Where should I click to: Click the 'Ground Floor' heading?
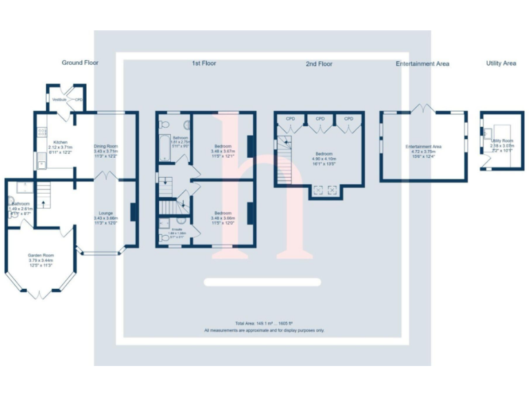80,63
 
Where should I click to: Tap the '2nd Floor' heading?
319,64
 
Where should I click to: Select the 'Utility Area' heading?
501,63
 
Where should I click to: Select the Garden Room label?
41,255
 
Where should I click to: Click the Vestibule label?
59,99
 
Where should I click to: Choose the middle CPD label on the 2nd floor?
320,119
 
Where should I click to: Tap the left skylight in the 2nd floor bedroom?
318,190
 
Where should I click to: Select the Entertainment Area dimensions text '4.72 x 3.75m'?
423,152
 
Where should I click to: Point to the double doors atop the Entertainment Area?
422,108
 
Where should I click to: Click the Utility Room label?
502,141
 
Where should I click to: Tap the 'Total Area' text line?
264,323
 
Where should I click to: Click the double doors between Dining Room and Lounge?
105,177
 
